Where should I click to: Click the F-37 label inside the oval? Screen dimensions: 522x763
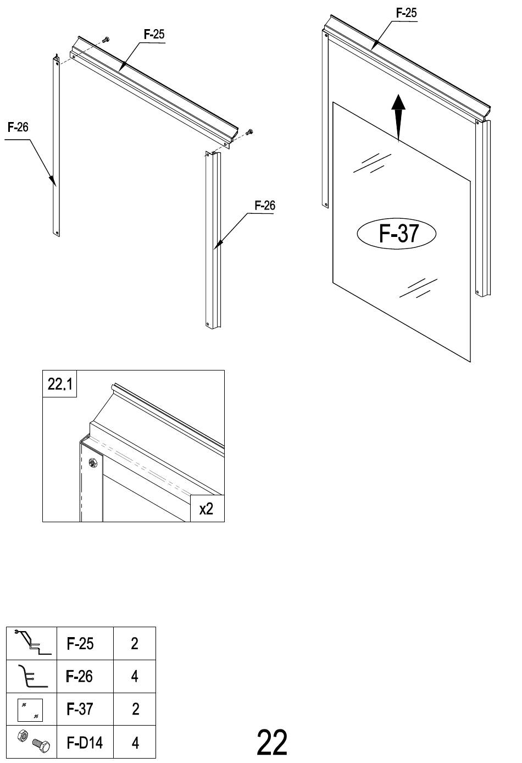click(x=398, y=233)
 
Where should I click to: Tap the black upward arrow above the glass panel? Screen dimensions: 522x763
click(x=398, y=118)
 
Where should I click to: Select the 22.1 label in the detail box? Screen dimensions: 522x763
click(x=60, y=384)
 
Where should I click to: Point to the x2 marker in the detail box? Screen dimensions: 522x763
click(x=207, y=509)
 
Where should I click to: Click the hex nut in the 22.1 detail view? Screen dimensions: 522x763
click(x=92, y=462)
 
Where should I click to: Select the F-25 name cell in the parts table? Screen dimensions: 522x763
click(x=80, y=644)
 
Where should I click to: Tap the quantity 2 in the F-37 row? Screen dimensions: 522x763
click(x=135, y=709)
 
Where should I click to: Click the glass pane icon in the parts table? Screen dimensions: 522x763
click(x=30, y=710)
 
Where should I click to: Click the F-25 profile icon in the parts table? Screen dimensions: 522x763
click(x=32, y=644)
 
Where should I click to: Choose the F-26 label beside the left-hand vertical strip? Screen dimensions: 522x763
click(x=18, y=128)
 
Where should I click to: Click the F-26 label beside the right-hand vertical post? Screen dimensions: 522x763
click(x=265, y=206)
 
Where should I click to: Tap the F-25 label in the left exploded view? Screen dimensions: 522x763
click(x=154, y=35)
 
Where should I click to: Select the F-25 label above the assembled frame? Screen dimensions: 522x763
click(x=406, y=13)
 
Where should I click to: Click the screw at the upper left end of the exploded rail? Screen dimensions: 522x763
click(x=106, y=40)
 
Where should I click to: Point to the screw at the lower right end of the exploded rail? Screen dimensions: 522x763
click(x=249, y=131)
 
